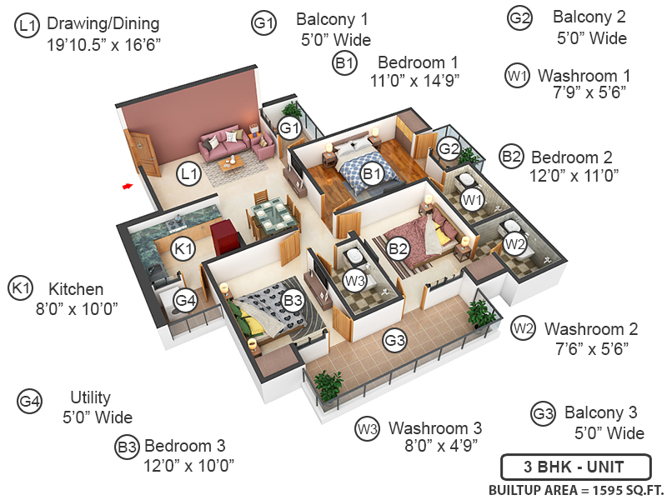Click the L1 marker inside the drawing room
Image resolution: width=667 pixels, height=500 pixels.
click(189, 173)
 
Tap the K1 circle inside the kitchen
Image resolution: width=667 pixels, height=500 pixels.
click(183, 247)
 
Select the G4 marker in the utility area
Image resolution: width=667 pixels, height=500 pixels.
click(184, 300)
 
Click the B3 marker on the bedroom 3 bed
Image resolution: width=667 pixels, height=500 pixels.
click(292, 300)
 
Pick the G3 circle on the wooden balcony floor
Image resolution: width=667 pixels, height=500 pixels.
click(394, 339)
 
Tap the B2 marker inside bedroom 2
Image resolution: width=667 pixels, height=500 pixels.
click(399, 247)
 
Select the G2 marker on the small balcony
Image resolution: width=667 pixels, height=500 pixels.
click(449, 150)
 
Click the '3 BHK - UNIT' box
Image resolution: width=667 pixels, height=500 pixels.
click(563, 465)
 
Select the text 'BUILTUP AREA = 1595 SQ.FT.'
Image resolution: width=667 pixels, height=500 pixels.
click(574, 488)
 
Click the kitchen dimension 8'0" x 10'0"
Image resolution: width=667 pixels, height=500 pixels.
click(76, 308)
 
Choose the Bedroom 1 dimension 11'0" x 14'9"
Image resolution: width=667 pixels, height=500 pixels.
click(415, 80)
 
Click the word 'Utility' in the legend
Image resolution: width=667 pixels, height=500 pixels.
click(91, 398)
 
